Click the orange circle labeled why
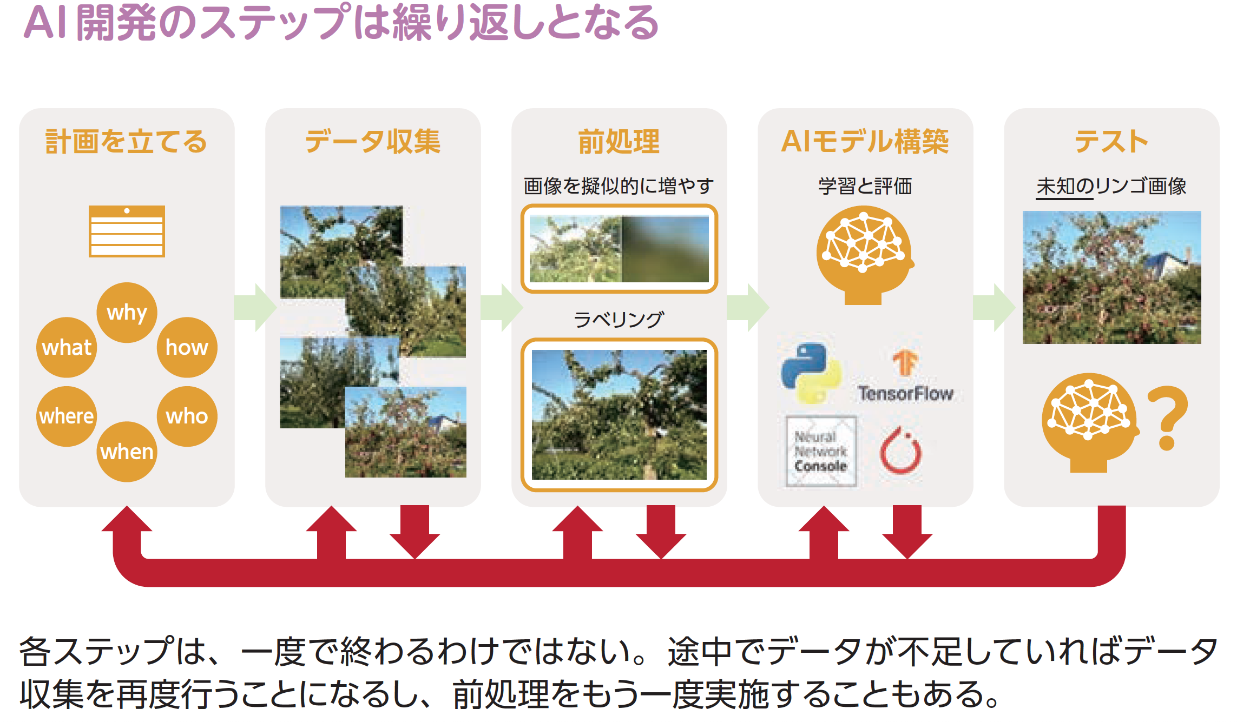[127, 313]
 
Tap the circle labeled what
[67, 347]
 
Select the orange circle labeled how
[187, 347]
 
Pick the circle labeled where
[67, 416]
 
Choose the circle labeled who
[187, 416]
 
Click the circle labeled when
[127, 452]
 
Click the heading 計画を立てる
[127, 142]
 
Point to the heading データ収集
[373, 142]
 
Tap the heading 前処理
[619, 142]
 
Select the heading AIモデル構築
[865, 142]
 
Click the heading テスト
[1111, 142]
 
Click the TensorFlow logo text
[906, 393]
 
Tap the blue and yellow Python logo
[812, 373]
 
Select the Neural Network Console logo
[821, 451]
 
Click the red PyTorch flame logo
[901, 450]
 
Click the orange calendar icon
[127, 231]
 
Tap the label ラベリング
[619, 320]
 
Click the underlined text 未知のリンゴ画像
[1111, 187]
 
